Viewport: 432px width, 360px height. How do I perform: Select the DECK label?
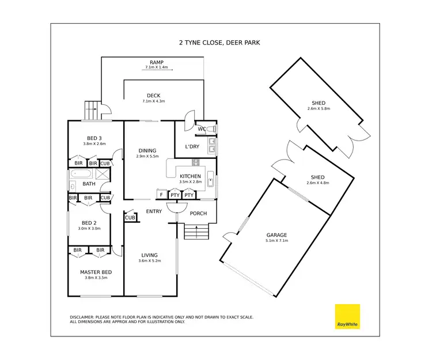[x=153, y=96]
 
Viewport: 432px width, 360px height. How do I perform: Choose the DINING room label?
[x=148, y=151]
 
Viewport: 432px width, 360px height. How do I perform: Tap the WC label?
[x=202, y=128]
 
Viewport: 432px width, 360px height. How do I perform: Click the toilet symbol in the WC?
[x=212, y=128]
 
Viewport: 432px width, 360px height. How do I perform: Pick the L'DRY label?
[x=192, y=147]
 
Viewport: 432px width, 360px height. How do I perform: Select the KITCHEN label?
[x=190, y=176]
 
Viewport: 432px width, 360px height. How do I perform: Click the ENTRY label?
[x=154, y=211]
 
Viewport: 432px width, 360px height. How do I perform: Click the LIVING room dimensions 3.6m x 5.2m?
[x=150, y=261]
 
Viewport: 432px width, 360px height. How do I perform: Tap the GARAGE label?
[x=276, y=235]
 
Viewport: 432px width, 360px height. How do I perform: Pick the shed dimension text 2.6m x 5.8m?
[x=318, y=109]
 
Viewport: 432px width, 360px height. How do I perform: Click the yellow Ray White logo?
[x=347, y=317]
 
